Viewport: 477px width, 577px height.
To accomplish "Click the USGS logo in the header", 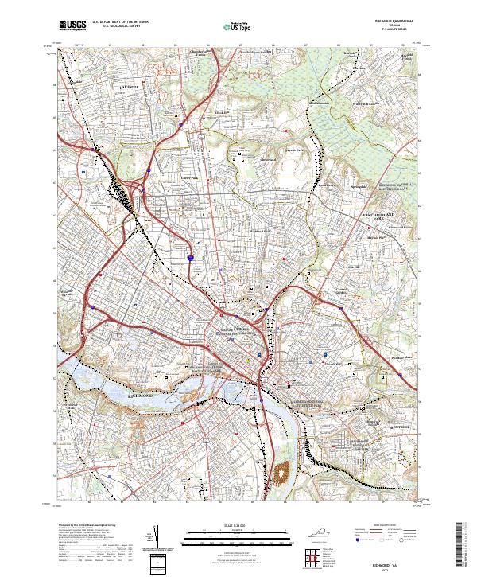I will (74, 25).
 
